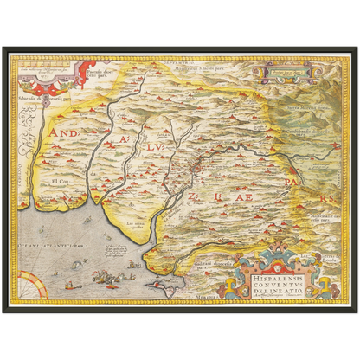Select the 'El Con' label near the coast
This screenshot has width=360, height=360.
pyautogui.click(x=59, y=181)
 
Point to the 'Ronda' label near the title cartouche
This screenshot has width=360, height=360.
pyautogui.click(x=329, y=257)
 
